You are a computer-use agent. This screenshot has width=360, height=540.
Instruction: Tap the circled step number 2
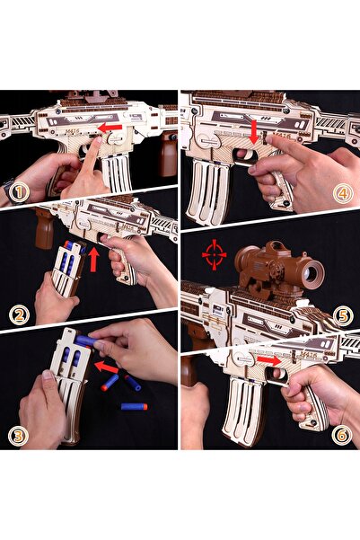[19, 315]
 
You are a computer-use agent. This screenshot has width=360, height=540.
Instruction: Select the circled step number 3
[18, 436]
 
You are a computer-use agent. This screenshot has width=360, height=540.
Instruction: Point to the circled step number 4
[343, 193]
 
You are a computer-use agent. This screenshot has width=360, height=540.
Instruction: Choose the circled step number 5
[343, 315]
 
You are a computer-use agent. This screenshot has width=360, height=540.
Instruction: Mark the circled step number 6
[342, 435]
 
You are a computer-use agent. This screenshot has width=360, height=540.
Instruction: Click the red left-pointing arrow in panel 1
[110, 128]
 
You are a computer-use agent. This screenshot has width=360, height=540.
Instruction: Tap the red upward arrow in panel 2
[93, 260]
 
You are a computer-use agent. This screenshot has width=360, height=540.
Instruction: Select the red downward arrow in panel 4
[254, 132]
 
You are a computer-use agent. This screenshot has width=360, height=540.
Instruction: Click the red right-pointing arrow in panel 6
[269, 360]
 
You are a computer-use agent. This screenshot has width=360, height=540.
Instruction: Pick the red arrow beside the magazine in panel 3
[106, 367]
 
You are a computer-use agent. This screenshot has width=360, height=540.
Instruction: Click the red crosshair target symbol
[214, 255]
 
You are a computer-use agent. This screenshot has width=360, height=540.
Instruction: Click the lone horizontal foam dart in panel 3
[135, 407]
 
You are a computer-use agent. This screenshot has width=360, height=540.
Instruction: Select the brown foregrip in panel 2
[44, 228]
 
